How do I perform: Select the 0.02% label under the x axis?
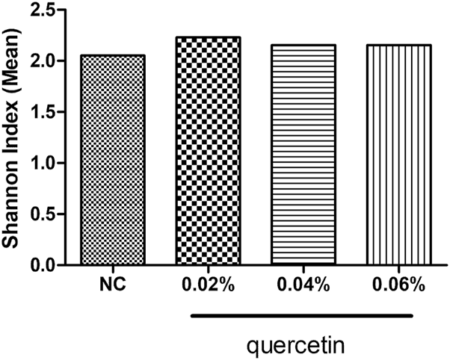pyautogui.click(x=209, y=286)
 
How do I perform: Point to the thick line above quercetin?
pyautogui.click(x=301, y=316)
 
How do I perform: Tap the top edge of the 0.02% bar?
pyautogui.click(x=209, y=37)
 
